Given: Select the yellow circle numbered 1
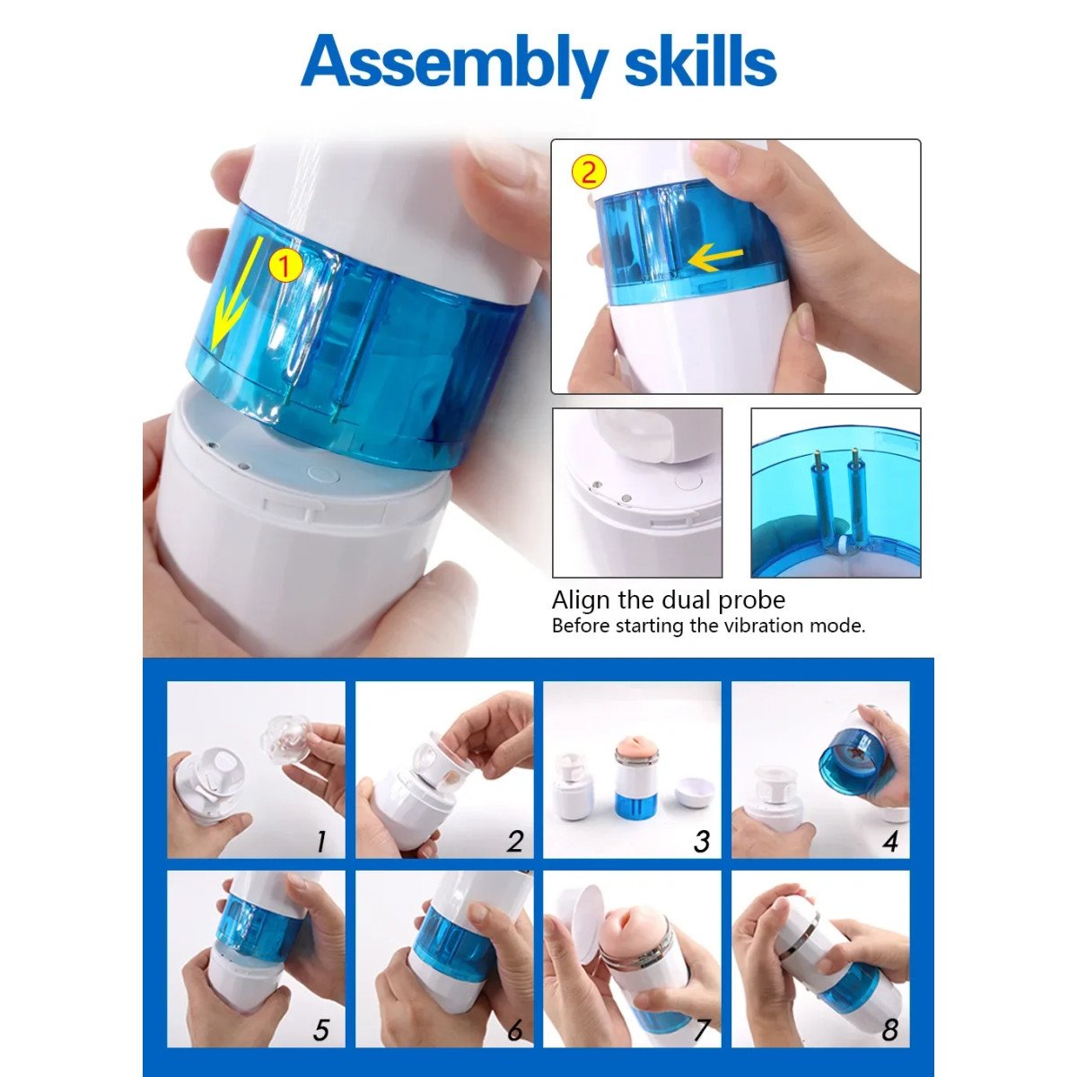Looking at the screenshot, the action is (x=285, y=266).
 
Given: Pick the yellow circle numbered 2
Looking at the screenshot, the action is (x=589, y=172).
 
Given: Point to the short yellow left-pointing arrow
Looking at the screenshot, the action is (x=715, y=258).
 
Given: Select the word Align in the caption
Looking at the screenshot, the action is (x=580, y=601).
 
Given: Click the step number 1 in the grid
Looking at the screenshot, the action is (x=320, y=841).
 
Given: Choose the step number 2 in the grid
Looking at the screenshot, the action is (x=515, y=841).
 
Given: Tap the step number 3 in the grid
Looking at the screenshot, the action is (x=702, y=841).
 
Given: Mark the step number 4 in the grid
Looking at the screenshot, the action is (x=890, y=841).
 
